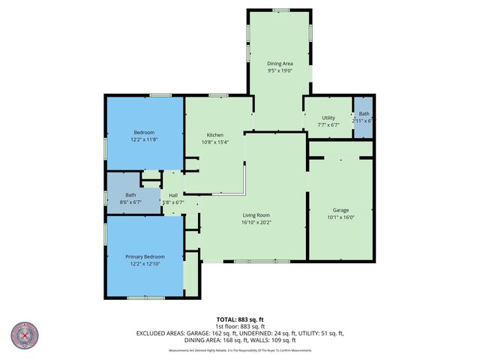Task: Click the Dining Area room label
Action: click(279, 64)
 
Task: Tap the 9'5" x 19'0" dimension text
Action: click(279, 72)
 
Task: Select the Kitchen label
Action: click(216, 134)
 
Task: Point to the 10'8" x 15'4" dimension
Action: click(216, 142)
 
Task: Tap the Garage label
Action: click(341, 209)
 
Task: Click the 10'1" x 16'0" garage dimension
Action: click(341, 218)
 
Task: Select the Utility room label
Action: click(328, 118)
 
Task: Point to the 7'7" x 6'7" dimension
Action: click(328, 126)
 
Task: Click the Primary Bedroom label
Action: click(145, 256)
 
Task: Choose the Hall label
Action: click(172, 194)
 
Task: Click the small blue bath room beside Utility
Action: click(364, 118)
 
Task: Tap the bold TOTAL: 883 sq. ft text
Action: click(239, 319)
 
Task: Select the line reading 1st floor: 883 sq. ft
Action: click(239, 326)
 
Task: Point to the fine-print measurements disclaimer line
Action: click(239, 351)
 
